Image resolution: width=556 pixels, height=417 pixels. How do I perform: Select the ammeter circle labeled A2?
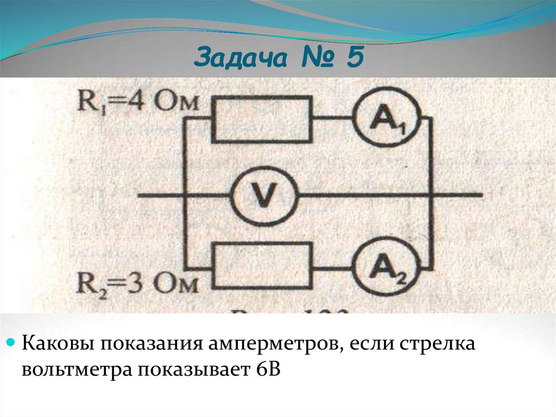pyautogui.click(x=387, y=267)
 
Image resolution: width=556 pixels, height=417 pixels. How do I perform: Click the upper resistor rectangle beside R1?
pyautogui.click(x=262, y=119)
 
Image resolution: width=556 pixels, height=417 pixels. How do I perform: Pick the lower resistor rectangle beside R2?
pyautogui.click(x=263, y=266)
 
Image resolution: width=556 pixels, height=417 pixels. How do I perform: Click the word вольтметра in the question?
pyautogui.click(x=75, y=369)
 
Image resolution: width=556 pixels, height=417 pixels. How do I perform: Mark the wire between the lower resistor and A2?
pyautogui.click(x=332, y=267)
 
